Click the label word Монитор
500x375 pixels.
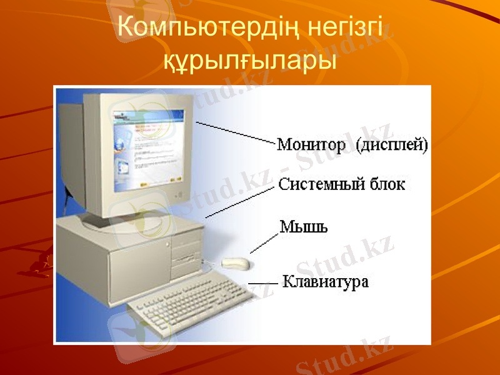[311, 146]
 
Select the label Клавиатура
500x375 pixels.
[326, 282]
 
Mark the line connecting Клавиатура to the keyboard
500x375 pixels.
[262, 283]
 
